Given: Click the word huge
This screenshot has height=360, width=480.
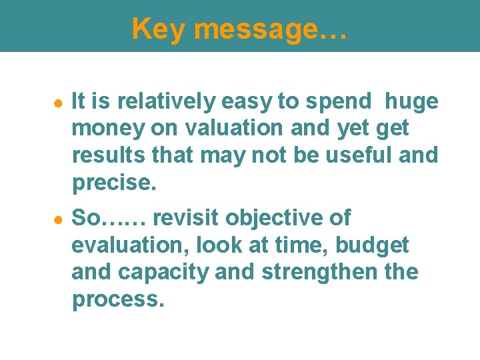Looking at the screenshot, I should pos(412,101).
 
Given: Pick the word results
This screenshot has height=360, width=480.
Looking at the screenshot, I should pos(105,155).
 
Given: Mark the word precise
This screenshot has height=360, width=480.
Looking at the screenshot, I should pos(113,183).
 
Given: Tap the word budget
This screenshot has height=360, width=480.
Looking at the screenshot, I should pos(372,245).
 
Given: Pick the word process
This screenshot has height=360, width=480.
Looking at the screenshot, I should pos(117,299).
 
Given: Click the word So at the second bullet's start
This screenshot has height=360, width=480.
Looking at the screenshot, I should pos(86,218).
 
